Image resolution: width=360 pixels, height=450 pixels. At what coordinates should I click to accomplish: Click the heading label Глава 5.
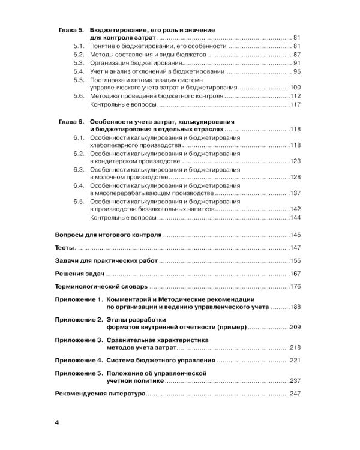pos(71,29)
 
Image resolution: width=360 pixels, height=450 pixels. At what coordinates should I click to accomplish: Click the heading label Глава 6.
pos(71,121)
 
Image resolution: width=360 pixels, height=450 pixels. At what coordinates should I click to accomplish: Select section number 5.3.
pos(78,63)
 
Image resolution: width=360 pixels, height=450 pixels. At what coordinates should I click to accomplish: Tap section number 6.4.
pos(78,185)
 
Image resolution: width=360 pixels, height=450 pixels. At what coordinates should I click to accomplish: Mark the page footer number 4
pos(57,423)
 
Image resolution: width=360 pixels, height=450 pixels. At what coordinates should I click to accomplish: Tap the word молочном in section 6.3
pos(109,178)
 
